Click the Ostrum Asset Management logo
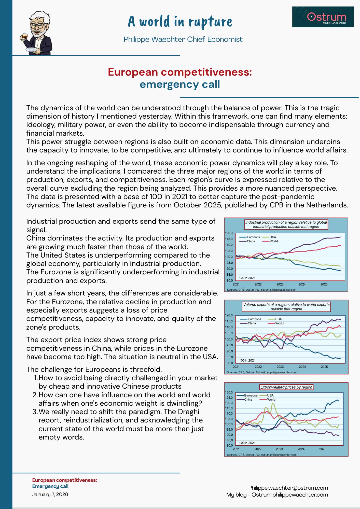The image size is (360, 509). [x=323, y=17]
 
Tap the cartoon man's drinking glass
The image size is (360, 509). [x=24, y=36]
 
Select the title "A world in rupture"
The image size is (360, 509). [x=180, y=22]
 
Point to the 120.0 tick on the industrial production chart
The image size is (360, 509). [x=229, y=233]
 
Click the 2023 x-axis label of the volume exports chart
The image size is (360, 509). [x=280, y=367]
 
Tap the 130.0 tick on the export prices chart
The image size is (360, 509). [x=229, y=392]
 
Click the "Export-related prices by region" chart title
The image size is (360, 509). [x=286, y=387]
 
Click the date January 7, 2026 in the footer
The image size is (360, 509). [x=50, y=494]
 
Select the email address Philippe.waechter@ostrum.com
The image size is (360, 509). [x=288, y=488]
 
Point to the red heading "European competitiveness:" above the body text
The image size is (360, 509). [x=180, y=72]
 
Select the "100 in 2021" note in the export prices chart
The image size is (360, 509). [x=247, y=443]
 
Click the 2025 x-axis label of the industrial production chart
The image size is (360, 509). [x=324, y=284]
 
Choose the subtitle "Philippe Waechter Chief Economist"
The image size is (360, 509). [x=183, y=39]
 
